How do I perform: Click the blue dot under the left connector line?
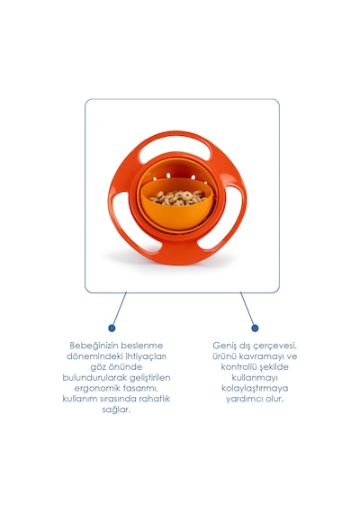[x=112, y=328]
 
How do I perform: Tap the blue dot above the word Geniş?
[x=255, y=328]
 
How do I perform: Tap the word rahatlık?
[x=155, y=399]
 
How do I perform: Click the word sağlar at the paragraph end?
[x=116, y=409]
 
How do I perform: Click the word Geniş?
[x=224, y=346]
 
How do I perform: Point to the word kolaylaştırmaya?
[x=255, y=388]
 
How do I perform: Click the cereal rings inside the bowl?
[x=178, y=198]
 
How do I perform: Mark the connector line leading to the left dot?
[x=119, y=308]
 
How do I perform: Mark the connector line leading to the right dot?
[x=247, y=308]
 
